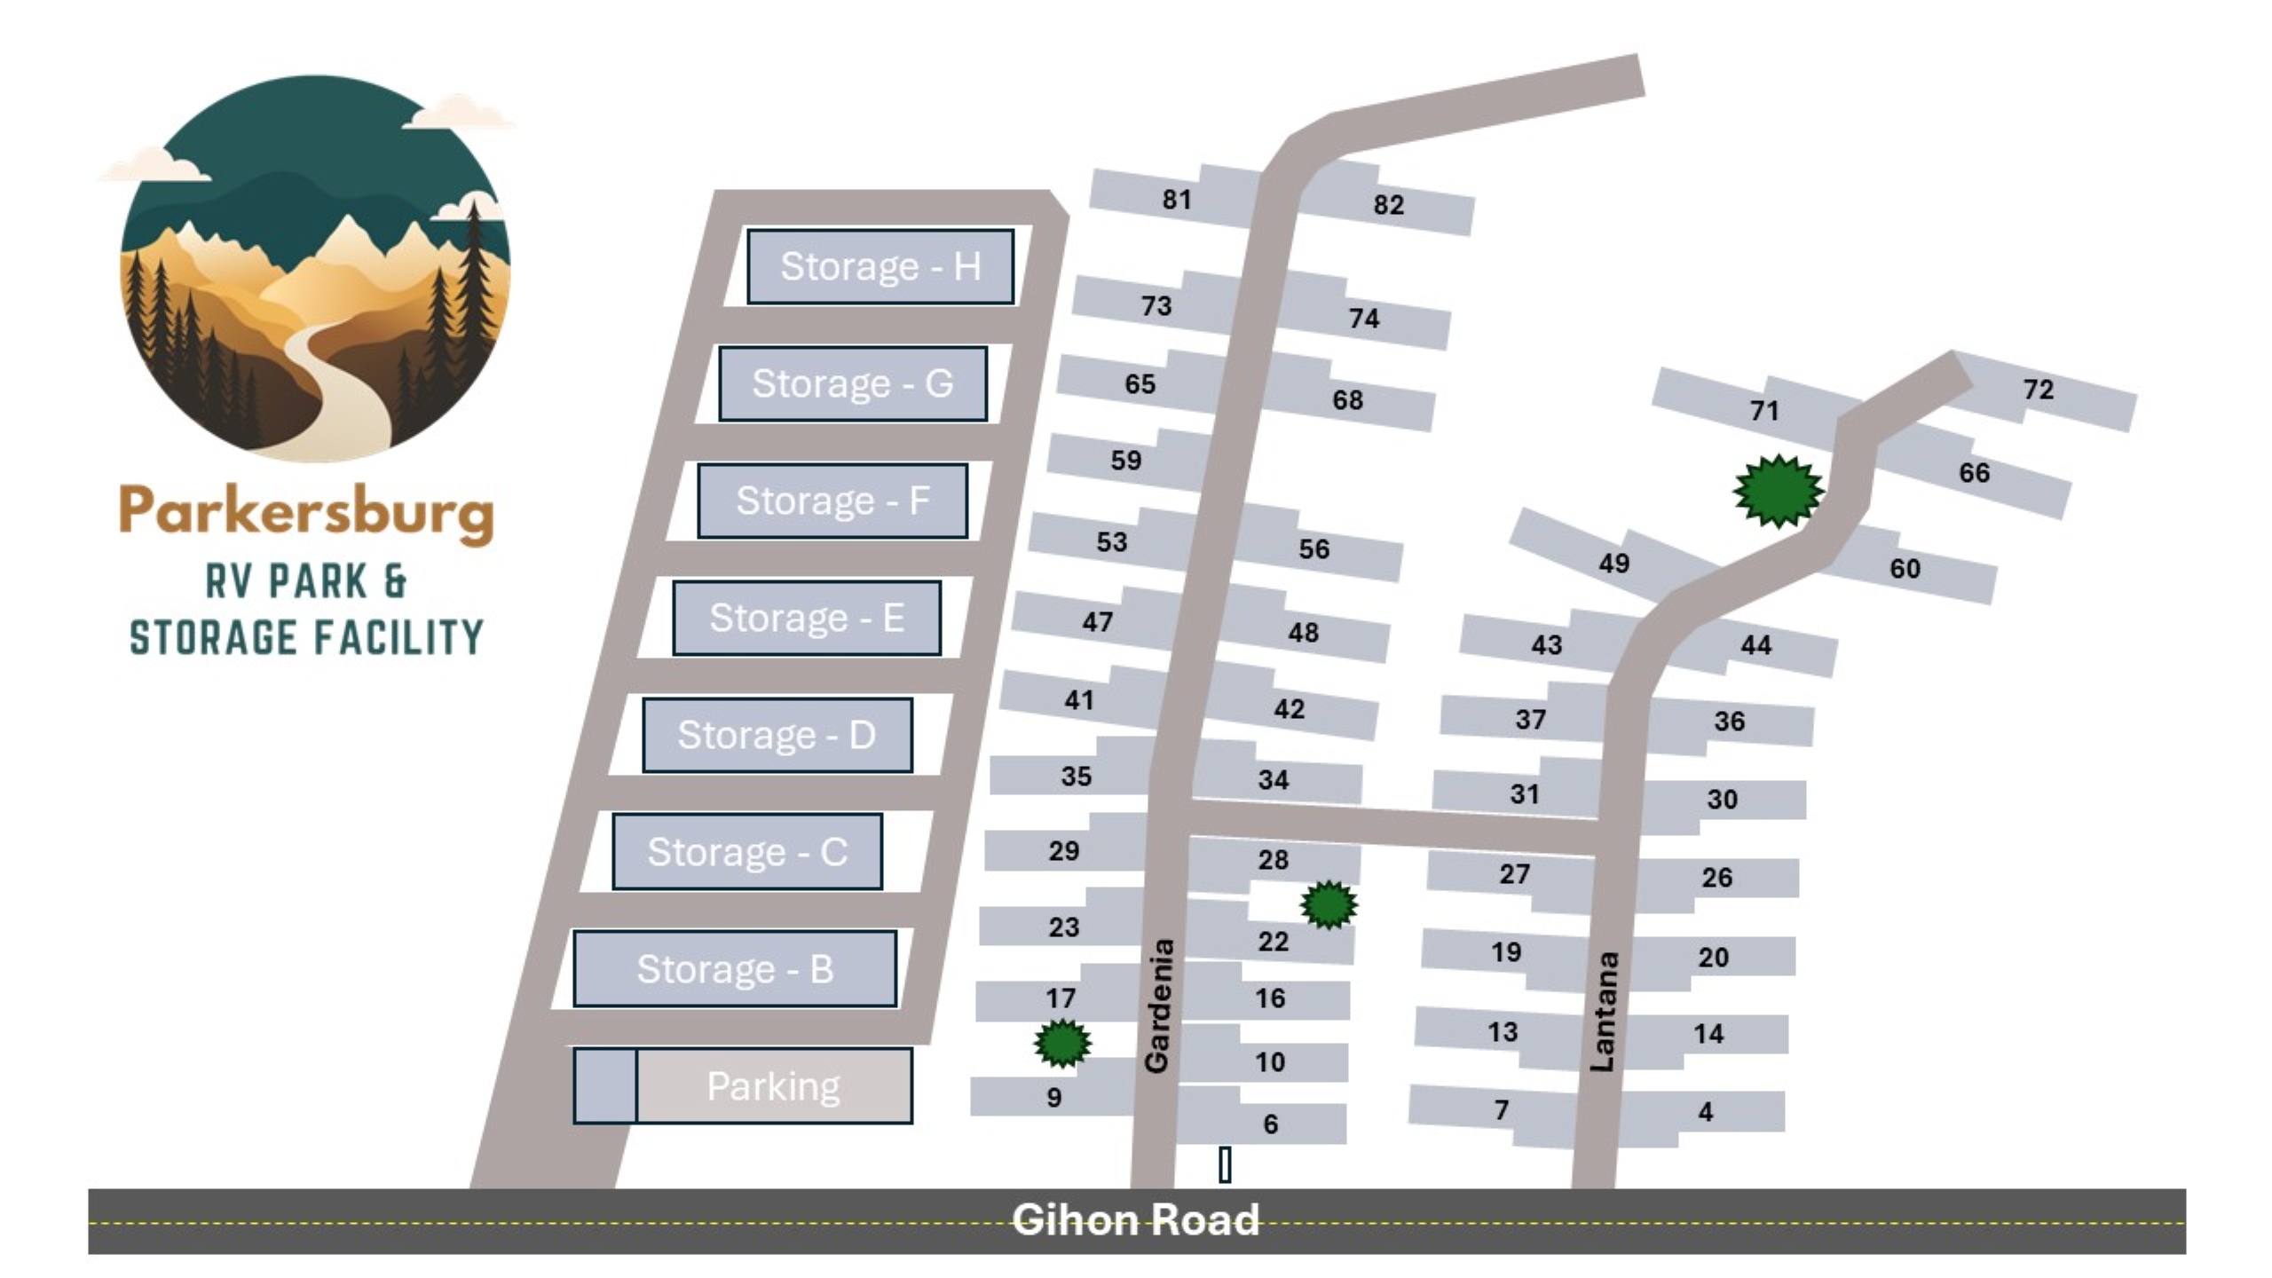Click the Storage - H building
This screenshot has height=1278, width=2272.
(x=880, y=266)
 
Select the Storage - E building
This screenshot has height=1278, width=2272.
(x=806, y=618)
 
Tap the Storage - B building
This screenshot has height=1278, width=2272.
(x=734, y=968)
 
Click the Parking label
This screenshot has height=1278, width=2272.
(x=773, y=1086)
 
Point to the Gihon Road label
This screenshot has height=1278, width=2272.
(x=1135, y=1219)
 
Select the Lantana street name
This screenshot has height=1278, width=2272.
(x=1604, y=1012)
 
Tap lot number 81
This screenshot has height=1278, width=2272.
(x=1177, y=200)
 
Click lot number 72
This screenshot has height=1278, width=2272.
(x=2038, y=390)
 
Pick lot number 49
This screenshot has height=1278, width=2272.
(x=1613, y=564)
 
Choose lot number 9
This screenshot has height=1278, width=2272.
(x=1053, y=1098)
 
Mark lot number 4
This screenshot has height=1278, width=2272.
(x=1705, y=1112)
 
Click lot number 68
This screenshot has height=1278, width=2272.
(x=1347, y=400)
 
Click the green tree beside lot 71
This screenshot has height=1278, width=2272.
(x=1778, y=490)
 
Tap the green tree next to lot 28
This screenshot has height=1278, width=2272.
(x=1329, y=904)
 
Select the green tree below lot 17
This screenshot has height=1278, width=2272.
(x=1062, y=1043)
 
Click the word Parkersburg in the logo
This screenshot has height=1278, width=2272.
(x=306, y=512)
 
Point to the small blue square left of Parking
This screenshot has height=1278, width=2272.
(x=605, y=1086)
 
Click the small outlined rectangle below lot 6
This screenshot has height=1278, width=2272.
(x=1225, y=1164)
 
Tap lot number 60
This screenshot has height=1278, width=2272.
(x=1905, y=569)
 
